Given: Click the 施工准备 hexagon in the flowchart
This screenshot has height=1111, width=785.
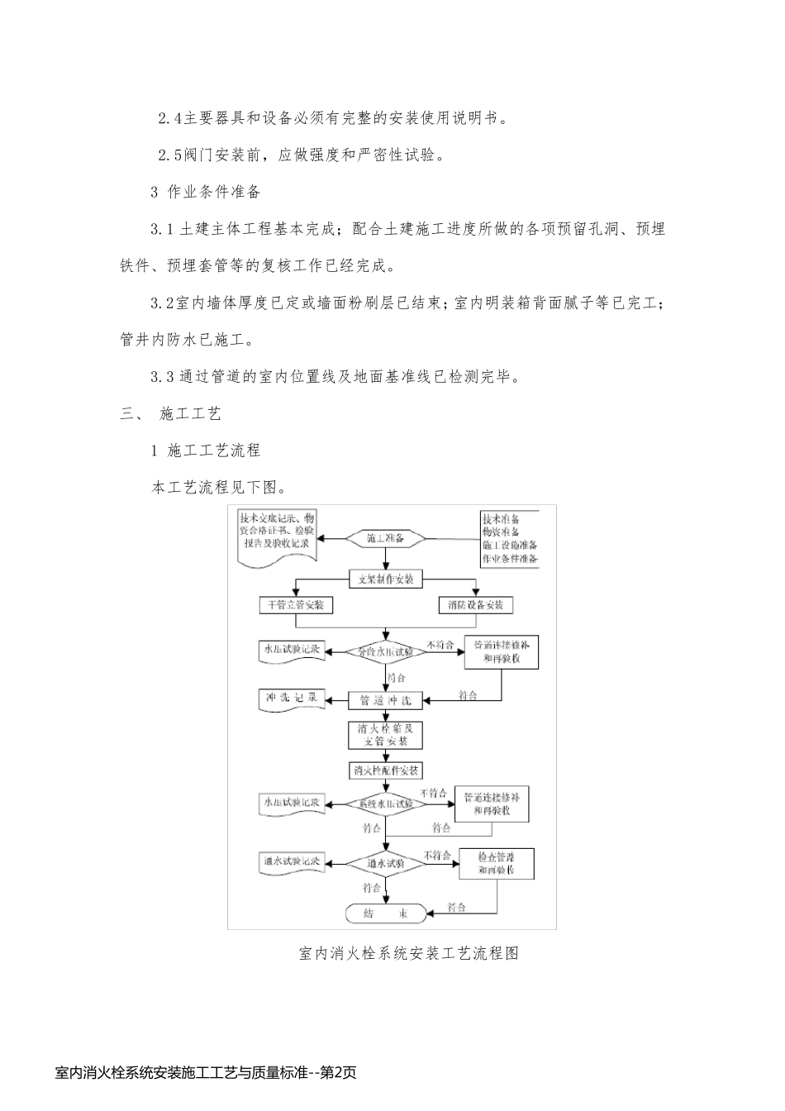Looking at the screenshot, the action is click(386, 538).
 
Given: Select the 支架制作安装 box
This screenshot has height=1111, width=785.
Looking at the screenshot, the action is click(386, 579).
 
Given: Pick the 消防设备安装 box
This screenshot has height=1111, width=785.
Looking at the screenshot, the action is click(475, 605).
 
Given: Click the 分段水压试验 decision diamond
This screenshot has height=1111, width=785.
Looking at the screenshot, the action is click(386, 651).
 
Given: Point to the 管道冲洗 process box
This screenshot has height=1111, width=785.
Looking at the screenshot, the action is click(386, 700).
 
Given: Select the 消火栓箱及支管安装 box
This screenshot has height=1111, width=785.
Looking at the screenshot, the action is click(386, 735).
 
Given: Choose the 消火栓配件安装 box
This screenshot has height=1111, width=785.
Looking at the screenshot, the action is click(386, 770).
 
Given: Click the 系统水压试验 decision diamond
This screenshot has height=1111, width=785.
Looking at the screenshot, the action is click(386, 803).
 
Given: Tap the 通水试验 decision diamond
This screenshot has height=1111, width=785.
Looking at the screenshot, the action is click(386, 863).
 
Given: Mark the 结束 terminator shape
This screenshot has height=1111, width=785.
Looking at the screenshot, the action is click(386, 913).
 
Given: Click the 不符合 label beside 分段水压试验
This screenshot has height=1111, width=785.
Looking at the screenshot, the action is click(440, 644).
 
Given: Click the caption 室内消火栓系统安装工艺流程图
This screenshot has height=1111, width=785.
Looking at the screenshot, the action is click(408, 953).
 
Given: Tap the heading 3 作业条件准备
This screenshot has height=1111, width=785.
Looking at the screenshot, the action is click(206, 192).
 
